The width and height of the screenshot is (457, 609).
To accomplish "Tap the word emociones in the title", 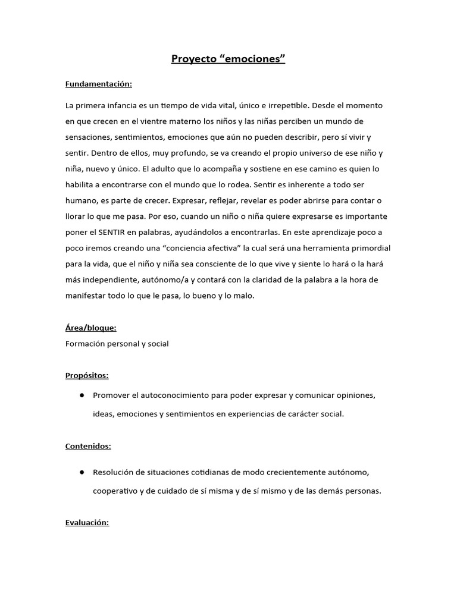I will click(x=253, y=59).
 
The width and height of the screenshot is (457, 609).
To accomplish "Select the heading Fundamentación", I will click(x=99, y=84).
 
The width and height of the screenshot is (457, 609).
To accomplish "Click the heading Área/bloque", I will click(x=91, y=328).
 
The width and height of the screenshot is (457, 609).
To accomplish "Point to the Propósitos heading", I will click(x=87, y=375).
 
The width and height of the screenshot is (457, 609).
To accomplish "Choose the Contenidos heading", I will click(x=88, y=445).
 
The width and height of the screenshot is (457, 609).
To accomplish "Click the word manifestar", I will click(x=86, y=296).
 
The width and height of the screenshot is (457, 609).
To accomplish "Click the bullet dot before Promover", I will click(x=80, y=395).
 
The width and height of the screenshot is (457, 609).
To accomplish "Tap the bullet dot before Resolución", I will click(x=80, y=472).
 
